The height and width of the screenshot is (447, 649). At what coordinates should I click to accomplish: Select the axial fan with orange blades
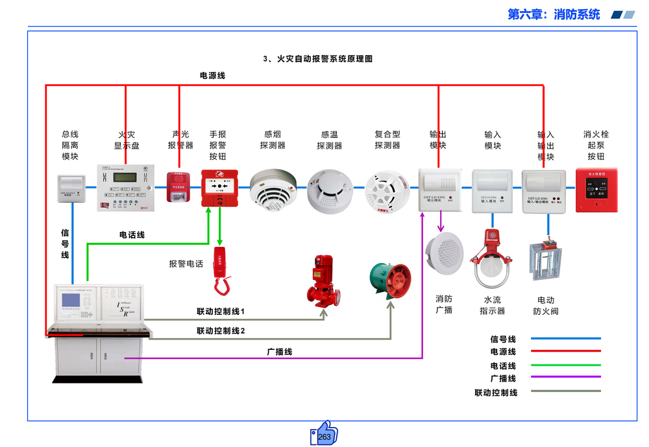point(389,280)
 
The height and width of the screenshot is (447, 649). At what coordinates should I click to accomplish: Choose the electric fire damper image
point(546,260)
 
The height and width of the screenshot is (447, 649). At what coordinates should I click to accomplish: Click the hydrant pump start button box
point(596,190)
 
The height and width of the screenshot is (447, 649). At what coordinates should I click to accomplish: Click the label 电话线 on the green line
point(132,235)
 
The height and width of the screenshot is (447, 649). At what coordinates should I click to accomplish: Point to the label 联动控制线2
point(221,331)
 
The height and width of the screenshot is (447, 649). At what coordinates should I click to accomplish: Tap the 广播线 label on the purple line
point(280,352)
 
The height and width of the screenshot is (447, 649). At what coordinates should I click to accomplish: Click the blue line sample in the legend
point(565,339)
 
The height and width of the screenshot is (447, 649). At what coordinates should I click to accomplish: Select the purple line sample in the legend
point(565,378)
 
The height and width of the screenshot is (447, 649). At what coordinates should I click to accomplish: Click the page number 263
point(324,437)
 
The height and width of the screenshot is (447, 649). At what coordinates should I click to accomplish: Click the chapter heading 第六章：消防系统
point(554,14)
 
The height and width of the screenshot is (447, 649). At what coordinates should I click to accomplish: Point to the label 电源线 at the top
point(212,76)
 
